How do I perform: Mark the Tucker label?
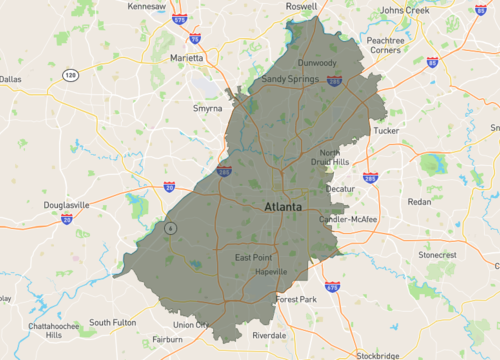(x=385, y=130)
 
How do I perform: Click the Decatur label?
(x=341, y=188)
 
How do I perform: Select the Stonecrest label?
(x=436, y=255)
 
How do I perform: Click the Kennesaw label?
(x=148, y=6)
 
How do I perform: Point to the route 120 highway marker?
(x=70, y=75)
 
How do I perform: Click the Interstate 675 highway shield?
(x=332, y=287)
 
